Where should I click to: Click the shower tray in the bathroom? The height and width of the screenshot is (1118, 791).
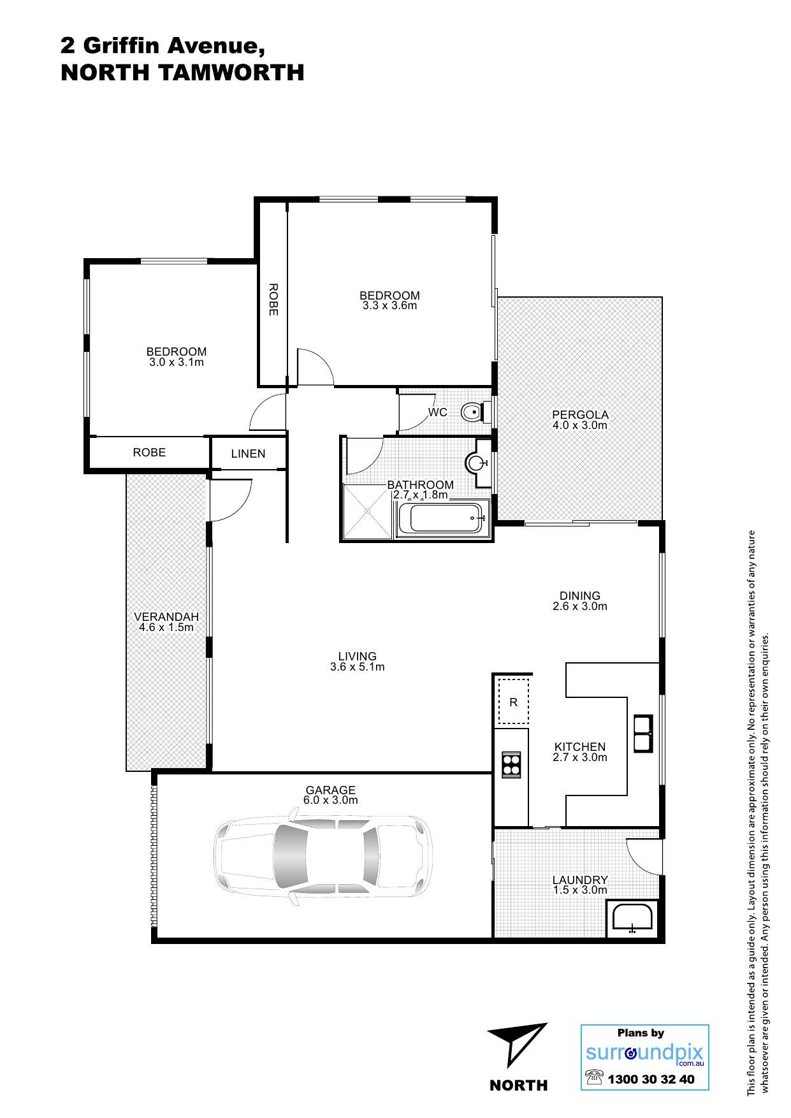click(x=367, y=512)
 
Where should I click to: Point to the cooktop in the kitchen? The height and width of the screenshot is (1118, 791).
click(x=511, y=764)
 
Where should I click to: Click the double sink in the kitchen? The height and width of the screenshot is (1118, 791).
click(x=642, y=734)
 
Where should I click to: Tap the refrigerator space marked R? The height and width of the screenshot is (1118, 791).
click(x=514, y=702)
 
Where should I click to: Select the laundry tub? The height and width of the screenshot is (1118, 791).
click(x=632, y=918)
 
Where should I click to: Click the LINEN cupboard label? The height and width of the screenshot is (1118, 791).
click(x=248, y=454)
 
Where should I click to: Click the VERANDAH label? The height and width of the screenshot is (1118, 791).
click(x=166, y=617)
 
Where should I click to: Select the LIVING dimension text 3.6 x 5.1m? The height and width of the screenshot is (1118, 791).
click(x=357, y=667)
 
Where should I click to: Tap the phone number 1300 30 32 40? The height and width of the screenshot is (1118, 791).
click(x=651, y=1080)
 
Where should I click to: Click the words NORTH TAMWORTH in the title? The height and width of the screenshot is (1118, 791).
click(x=182, y=73)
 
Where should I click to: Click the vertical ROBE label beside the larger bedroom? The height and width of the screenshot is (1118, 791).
click(x=273, y=300)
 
